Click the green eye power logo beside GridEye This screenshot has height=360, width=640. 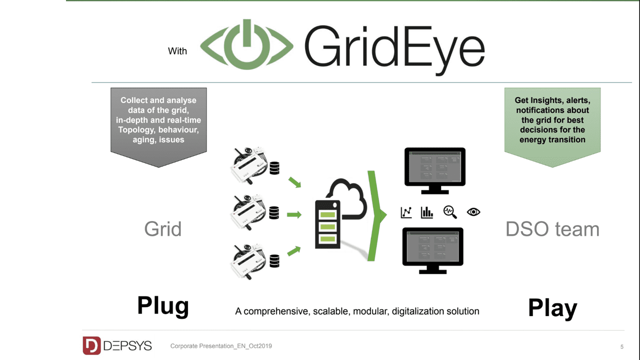point(246,45)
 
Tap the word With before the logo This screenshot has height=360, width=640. point(177,51)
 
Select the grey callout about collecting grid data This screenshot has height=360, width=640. point(158,120)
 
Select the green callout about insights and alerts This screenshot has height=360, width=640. point(552,120)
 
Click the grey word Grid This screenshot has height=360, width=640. point(162,229)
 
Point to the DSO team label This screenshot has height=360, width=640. point(552,229)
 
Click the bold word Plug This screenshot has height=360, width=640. point(163,305)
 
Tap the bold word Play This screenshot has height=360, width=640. point(552,308)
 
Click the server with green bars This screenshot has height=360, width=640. point(327,224)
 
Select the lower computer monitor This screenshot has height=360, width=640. point(433,248)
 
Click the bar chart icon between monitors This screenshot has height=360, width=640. point(427,212)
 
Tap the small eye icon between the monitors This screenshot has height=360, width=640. point(473,212)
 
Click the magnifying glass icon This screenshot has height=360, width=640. point(450,212)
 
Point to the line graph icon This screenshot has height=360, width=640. point(406,212)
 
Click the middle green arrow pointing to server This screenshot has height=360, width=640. point(294,215)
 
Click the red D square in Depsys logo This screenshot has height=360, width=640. point(91,345)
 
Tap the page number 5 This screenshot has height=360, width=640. point(621,346)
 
